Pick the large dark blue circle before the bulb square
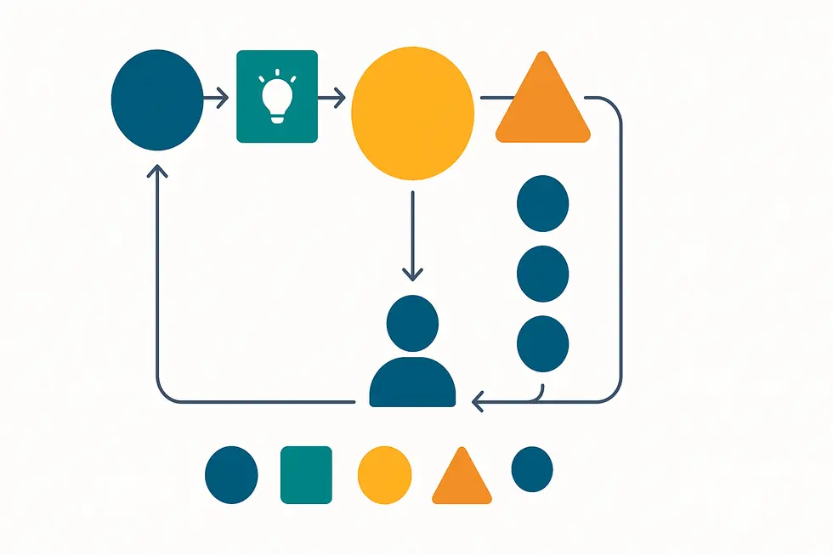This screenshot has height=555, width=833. click(157, 99)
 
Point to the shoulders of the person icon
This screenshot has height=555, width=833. click(412, 383)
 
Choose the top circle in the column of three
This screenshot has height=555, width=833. click(542, 203)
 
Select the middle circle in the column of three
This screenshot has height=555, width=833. click(542, 273)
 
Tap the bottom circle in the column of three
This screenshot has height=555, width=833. click(542, 343)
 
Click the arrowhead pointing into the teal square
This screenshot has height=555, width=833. click(224, 99)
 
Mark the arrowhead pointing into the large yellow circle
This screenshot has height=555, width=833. click(340, 99)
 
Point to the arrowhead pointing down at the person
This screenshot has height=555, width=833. click(412, 275)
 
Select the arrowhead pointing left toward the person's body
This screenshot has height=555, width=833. click(478, 401)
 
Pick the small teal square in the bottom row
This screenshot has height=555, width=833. click(306, 474)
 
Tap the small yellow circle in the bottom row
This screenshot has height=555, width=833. click(384, 474)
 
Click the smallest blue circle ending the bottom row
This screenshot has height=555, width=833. click(532, 468)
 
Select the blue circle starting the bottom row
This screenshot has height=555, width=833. click(231, 474)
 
